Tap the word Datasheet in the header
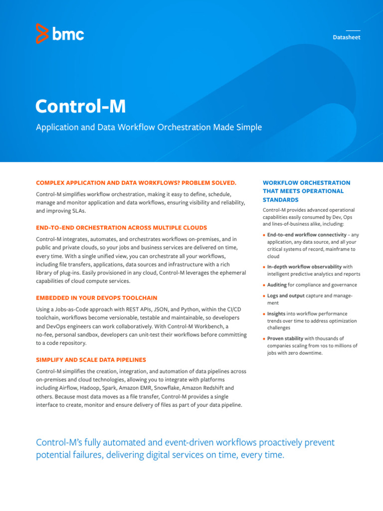coord(346,37)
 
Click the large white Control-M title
coord(80,106)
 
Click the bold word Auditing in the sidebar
coord(277,285)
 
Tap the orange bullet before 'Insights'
coord(264,314)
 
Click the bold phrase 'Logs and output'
coord(286,296)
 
